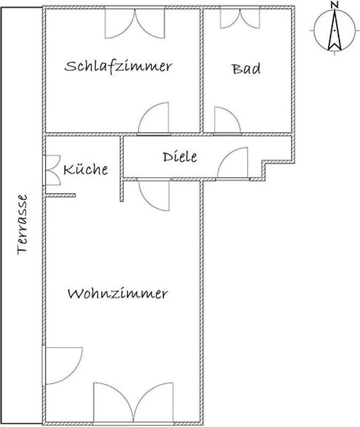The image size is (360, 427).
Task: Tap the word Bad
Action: (246, 69)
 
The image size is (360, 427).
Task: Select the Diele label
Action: (180, 157)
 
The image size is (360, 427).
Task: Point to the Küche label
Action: (85, 169)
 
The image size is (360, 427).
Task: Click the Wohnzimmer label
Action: (118, 294)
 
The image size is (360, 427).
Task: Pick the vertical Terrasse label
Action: (22, 224)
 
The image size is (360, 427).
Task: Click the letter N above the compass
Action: (335, 5)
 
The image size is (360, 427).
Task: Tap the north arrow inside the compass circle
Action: (335, 30)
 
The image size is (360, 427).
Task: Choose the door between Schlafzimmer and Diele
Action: (154, 118)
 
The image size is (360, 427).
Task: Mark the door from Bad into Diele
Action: (228, 121)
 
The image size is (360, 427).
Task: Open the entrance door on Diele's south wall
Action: (233, 164)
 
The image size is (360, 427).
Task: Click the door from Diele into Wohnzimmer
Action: (154, 195)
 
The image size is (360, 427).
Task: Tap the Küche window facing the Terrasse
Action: (52, 170)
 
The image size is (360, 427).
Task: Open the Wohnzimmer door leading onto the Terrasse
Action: (62, 366)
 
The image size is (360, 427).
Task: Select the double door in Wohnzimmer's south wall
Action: (133, 403)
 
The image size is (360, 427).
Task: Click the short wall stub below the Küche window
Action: (60, 195)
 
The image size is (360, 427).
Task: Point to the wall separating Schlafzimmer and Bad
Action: (202, 71)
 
